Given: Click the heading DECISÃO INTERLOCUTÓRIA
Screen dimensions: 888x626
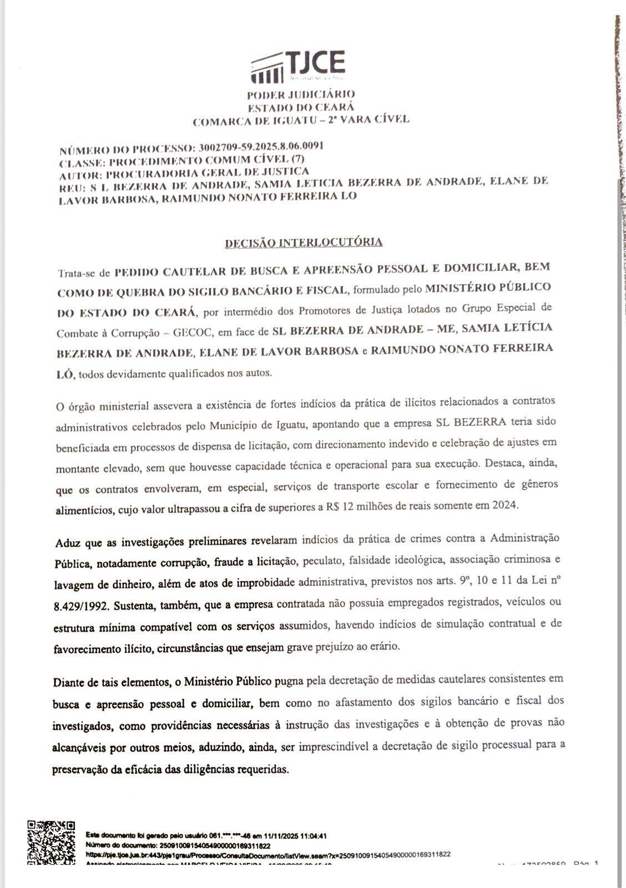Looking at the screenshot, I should pos(304,243).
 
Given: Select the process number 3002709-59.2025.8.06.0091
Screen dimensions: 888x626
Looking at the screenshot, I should pos(261,147).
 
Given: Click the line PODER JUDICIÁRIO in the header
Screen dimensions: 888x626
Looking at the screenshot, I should pos(301,95).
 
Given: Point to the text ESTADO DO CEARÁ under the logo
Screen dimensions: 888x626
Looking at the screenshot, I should pos(301,107).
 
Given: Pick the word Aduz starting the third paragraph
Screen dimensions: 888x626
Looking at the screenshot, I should pos(67,542).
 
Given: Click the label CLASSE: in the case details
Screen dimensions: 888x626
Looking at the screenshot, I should pos(82,163).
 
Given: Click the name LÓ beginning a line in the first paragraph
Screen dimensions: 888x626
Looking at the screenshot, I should pos(64,375).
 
